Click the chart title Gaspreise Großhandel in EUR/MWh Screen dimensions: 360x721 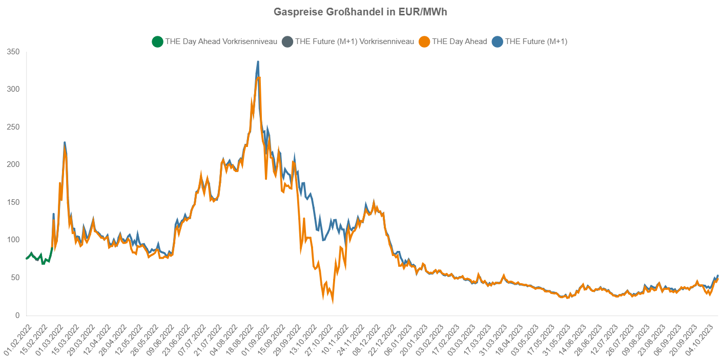pos(360,12)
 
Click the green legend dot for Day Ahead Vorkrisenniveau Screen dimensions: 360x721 pos(157,42)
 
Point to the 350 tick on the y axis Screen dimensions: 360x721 pos(13,52)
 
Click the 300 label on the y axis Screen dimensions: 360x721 pos(13,89)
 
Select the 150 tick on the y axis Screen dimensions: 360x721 pos(13,202)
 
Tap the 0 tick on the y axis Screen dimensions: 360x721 pos(17,315)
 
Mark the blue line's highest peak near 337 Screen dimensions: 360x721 pos(258,62)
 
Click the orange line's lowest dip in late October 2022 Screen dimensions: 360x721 pos(333,302)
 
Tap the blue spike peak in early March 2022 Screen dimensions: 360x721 pos(65,142)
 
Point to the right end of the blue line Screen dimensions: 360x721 pos(717,276)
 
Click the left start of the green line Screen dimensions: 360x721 pos(26,258)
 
